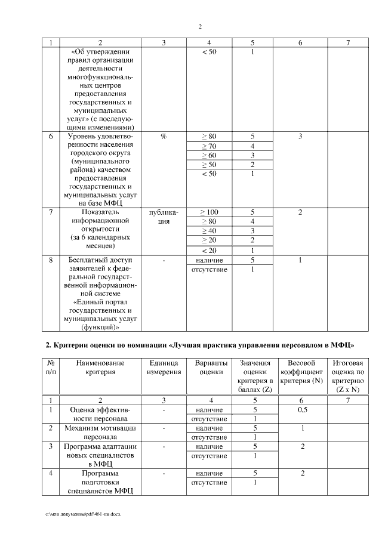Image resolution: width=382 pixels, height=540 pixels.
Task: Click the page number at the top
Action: (200, 26)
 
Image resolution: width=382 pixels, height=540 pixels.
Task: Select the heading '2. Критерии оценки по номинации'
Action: (200, 345)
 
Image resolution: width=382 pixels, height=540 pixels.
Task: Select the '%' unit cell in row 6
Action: (164, 137)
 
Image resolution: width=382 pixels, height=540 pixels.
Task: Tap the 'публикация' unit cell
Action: (164, 217)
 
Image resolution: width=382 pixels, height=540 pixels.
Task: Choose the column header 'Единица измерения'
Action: (164, 368)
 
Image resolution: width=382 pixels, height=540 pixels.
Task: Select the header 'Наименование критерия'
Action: (100, 368)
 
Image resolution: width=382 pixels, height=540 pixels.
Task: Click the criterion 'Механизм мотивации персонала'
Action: (100, 433)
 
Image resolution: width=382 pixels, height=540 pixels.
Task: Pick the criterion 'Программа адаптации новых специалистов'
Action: (100, 455)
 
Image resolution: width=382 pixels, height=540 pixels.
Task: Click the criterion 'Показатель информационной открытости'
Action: (100, 229)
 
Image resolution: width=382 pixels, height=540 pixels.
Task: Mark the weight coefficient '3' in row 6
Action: (300, 137)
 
